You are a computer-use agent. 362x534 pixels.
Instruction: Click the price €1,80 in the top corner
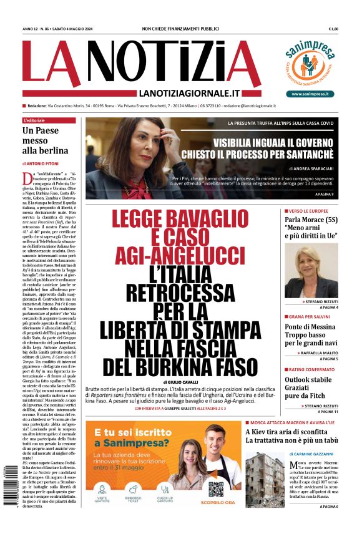[333, 29]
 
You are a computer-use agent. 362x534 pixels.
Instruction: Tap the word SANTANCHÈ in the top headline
[303, 153]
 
